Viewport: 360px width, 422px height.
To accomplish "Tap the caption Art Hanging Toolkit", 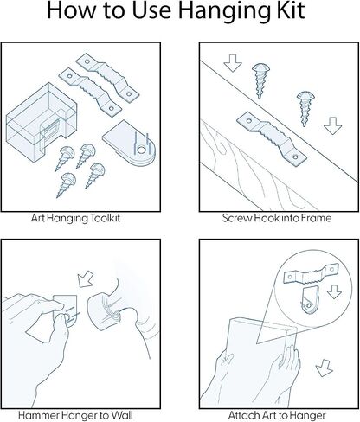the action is point(75,218).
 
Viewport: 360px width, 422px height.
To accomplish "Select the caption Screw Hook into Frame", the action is point(277,218).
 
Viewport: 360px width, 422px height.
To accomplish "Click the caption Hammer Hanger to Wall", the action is point(75,415).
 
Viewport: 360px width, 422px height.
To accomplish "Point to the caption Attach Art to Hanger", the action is point(277,415).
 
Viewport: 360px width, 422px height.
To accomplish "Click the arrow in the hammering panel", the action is point(86,279).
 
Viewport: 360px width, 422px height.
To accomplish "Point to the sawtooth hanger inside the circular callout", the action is point(311,274).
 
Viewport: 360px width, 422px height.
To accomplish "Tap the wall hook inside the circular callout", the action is point(309,300).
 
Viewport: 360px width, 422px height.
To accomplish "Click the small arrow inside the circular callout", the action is point(335,291).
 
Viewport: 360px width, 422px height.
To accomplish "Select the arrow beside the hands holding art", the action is point(324,368).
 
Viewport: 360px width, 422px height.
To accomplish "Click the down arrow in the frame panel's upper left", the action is point(233,63).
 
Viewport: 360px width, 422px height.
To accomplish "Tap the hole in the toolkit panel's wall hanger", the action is point(141,150).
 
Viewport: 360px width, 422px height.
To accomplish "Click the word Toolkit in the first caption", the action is point(105,217).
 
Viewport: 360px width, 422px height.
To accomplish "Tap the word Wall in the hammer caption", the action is point(122,415).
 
